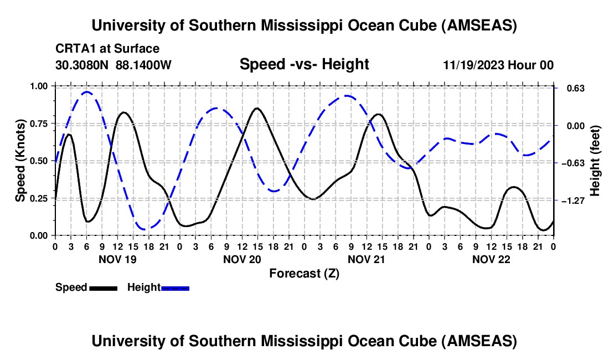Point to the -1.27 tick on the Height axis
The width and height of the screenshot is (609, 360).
(572, 200)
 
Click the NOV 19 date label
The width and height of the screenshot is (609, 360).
(117, 259)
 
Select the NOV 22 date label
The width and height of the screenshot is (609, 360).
(491, 259)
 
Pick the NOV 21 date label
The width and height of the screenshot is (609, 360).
(367, 259)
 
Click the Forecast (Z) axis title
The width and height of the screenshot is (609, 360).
(304, 273)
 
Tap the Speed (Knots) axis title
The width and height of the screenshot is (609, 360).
(20, 161)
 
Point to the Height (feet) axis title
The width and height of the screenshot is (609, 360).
(595, 161)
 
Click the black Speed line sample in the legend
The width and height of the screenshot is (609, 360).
(103, 288)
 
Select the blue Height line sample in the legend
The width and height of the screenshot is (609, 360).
(175, 288)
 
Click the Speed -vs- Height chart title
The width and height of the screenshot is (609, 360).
(304, 65)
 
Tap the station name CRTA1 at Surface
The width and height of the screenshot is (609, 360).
(107, 49)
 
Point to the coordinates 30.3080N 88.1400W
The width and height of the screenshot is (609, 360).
(113, 65)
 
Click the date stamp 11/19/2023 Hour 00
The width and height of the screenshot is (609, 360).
(498, 65)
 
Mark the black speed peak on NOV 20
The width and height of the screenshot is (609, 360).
(256, 108)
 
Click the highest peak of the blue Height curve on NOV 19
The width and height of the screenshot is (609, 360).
(86, 92)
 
